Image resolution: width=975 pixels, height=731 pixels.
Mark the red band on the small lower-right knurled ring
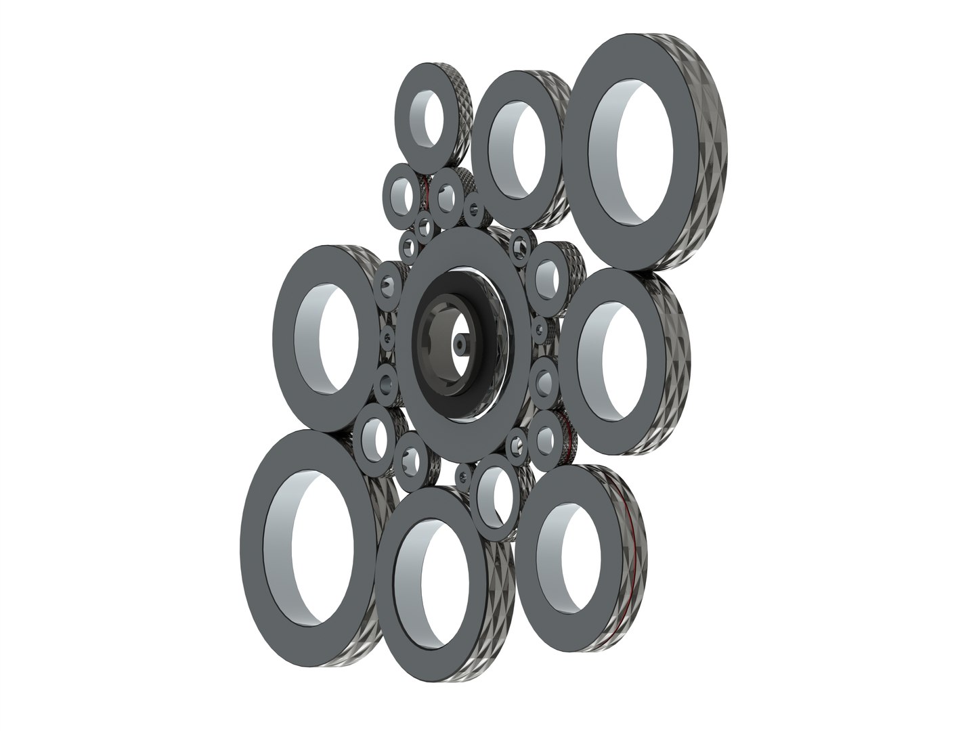[571, 437]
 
